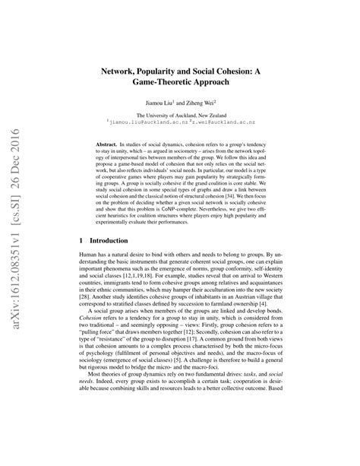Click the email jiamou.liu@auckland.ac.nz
click(148, 120)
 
